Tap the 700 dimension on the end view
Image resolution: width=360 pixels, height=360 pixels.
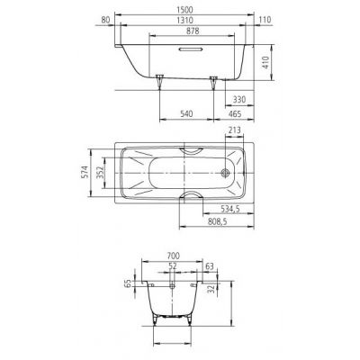(185, 256)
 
